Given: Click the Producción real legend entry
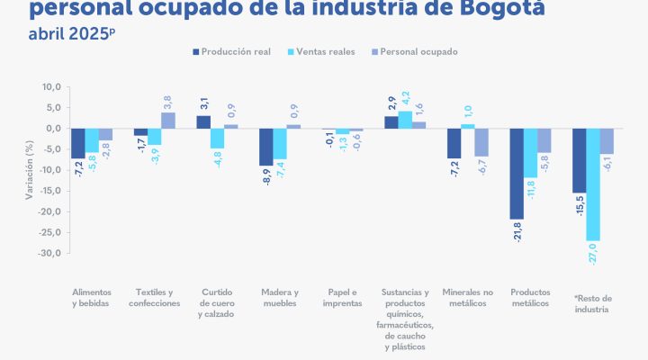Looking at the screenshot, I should pyautogui.click(x=237, y=51).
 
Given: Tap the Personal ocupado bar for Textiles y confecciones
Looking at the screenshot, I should pyautogui.click(x=167, y=121).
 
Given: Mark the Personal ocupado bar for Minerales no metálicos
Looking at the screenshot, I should pyautogui.click(x=481, y=142).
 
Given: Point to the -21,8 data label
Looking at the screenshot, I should pyautogui.click(x=517, y=231).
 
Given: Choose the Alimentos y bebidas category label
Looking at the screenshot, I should pyautogui.click(x=92, y=297).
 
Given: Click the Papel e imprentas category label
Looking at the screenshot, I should pyautogui.click(x=342, y=297).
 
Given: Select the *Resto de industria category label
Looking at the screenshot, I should pyautogui.click(x=592, y=303).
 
